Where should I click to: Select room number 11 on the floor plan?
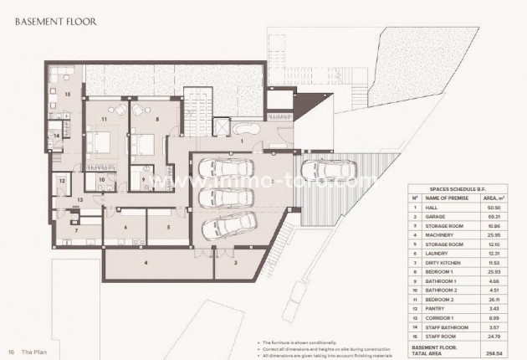pos(105,120)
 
